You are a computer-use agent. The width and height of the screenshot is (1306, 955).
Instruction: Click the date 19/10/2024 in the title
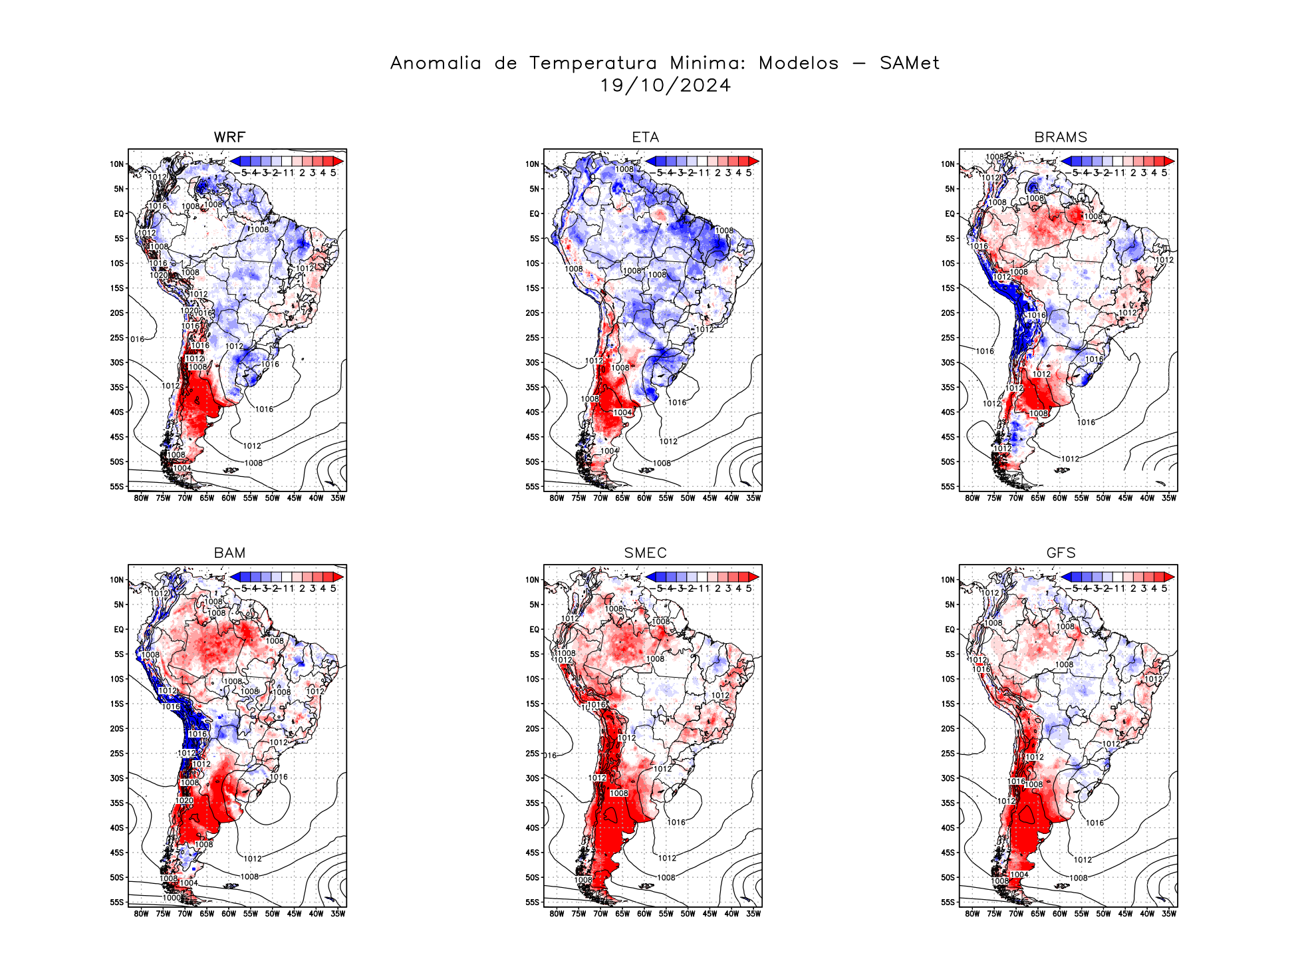click(x=665, y=86)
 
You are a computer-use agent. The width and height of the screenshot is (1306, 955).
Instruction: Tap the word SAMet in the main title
click(x=909, y=63)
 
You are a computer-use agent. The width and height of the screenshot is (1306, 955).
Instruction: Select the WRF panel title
click(x=229, y=137)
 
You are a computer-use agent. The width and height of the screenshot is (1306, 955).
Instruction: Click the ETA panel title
click(x=645, y=137)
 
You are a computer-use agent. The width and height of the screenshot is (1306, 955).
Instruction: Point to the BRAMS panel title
click(x=1061, y=137)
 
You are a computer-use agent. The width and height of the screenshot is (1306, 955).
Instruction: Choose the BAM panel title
click(x=229, y=553)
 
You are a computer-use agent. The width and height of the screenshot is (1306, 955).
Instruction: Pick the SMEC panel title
click(x=645, y=553)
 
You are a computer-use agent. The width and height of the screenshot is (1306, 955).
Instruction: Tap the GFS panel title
click(x=1061, y=553)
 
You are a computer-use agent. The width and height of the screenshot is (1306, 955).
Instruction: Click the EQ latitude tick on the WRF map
click(x=118, y=214)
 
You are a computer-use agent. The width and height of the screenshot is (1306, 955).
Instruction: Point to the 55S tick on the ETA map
click(x=533, y=487)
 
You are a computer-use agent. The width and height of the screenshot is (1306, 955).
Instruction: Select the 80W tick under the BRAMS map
click(x=972, y=498)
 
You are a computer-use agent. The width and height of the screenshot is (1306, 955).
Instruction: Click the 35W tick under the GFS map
click(x=1168, y=914)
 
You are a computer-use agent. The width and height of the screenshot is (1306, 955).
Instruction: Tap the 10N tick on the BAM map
click(x=117, y=580)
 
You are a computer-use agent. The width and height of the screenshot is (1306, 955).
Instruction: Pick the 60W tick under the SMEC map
click(x=644, y=914)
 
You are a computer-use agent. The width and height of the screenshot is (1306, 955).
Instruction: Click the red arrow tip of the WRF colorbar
click(x=339, y=161)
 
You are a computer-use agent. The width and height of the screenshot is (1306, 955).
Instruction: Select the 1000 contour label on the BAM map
click(x=172, y=898)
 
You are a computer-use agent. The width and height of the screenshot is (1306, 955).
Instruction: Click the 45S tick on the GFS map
click(x=948, y=853)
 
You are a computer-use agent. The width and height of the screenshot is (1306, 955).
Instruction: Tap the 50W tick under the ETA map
click(x=688, y=498)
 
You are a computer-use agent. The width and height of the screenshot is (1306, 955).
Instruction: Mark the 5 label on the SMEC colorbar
click(x=749, y=589)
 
